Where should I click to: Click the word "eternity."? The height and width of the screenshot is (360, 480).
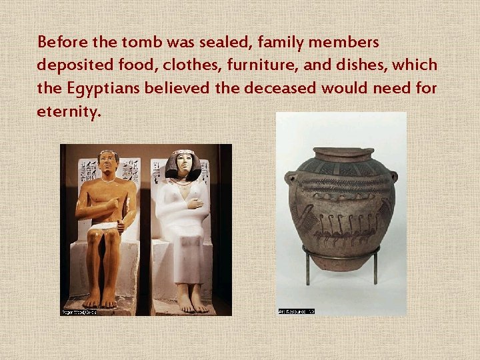coord(69,111)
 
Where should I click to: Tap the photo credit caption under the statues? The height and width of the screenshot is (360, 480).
coord(79,311)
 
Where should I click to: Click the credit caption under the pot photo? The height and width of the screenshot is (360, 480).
coord(296,311)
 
